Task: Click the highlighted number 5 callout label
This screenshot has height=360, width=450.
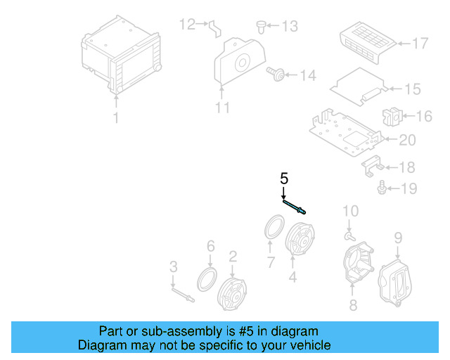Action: point(284,178)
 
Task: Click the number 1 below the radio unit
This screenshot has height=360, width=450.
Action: point(117,118)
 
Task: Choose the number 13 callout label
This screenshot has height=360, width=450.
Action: point(289,27)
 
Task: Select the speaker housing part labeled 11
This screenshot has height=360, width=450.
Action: point(238,64)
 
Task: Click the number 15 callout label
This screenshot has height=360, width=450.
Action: point(412,89)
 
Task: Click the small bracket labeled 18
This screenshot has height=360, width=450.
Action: point(372,166)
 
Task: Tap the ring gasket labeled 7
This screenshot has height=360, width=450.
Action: point(273,229)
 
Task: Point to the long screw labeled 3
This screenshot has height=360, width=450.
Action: point(181,290)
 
